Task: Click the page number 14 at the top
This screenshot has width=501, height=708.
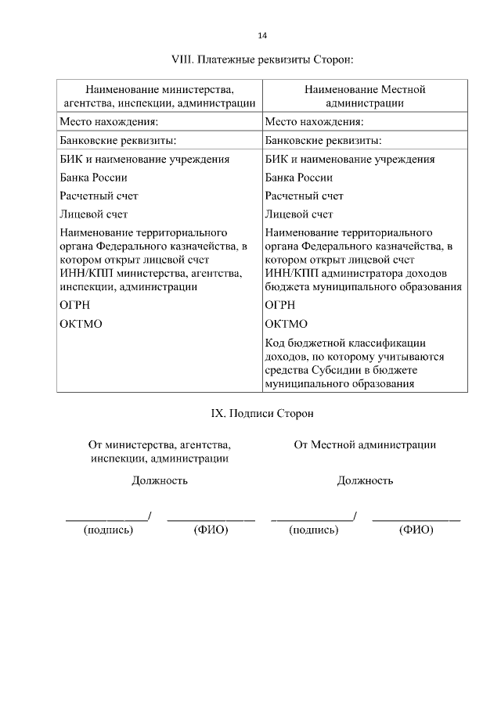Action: pos(262,35)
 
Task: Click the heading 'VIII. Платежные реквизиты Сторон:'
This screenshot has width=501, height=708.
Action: pos(262,59)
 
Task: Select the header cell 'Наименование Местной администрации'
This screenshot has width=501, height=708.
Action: pos(364,96)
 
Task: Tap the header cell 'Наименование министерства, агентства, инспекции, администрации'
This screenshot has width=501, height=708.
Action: pos(160,96)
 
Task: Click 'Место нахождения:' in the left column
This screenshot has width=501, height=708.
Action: pos(109,121)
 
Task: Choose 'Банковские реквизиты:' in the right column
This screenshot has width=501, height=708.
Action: pos(323,141)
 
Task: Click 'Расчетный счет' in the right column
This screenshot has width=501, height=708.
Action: pos(304,196)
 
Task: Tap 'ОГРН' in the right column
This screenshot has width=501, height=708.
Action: pos(280,305)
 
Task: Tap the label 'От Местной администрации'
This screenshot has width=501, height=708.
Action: pos(365,444)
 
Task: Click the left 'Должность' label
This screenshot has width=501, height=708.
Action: pos(159,480)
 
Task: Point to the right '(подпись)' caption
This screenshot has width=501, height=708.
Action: pos(313,530)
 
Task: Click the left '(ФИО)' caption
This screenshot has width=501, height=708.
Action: pos(210,530)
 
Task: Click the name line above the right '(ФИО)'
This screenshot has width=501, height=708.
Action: pos(416,519)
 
